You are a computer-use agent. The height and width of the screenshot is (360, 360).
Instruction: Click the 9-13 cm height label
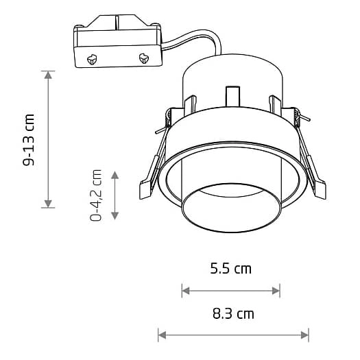(29, 140)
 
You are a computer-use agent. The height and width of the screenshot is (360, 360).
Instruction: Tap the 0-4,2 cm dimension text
(95, 195)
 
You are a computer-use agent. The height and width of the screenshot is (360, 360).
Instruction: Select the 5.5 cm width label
(231, 269)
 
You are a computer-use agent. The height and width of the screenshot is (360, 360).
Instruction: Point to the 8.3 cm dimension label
(233, 313)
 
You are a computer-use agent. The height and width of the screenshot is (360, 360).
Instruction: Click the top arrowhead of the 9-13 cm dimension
(48, 75)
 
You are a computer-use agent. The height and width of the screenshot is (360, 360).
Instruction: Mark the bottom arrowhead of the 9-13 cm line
(48, 204)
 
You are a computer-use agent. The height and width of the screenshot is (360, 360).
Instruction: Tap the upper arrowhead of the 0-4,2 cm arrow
(115, 175)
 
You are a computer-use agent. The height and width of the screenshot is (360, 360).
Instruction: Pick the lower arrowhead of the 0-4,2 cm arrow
(115, 216)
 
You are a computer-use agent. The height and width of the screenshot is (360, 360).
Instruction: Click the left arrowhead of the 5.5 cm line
(186, 291)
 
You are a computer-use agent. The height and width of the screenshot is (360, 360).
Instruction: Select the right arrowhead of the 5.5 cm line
(276, 291)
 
